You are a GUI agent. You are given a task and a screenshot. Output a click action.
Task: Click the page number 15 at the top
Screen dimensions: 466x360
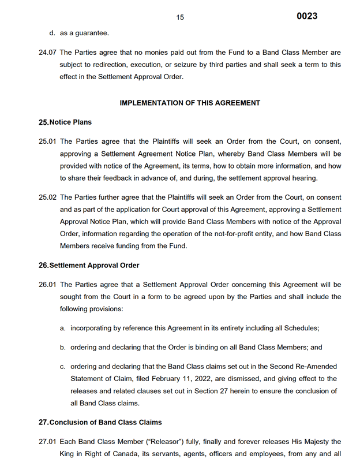tap(180, 17)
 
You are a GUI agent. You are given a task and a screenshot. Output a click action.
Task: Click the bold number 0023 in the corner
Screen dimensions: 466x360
tap(307, 16)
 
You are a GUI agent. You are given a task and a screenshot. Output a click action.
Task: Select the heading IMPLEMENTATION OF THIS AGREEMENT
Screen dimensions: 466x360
tap(190, 103)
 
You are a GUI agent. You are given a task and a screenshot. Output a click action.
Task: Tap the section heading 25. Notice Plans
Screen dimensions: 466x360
tap(65, 122)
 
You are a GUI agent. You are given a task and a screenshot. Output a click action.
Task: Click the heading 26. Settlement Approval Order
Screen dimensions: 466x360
tap(89, 265)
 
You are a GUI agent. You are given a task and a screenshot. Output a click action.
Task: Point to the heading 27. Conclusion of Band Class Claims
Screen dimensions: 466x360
tap(100, 422)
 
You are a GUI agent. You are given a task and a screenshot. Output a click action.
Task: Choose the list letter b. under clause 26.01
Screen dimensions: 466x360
tap(62, 348)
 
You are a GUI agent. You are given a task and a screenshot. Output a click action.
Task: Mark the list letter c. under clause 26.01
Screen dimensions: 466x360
tap(62, 367)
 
